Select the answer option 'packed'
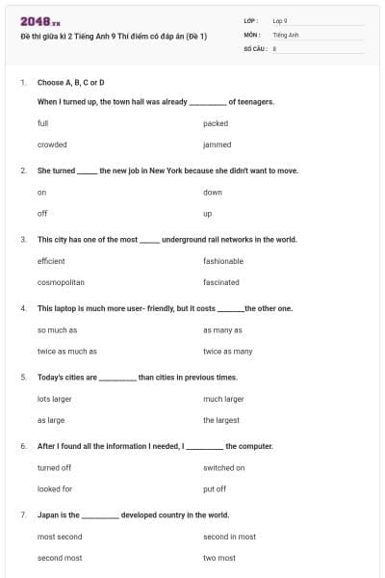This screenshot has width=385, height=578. [x=215, y=123]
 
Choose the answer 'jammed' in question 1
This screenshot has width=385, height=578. [x=217, y=144]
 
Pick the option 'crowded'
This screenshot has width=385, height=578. [x=52, y=144]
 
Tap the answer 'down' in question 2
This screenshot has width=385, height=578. [x=213, y=192]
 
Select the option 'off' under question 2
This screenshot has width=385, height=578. [x=42, y=213]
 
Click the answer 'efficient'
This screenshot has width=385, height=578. [x=51, y=261]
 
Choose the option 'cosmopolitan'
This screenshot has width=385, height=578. [x=61, y=282]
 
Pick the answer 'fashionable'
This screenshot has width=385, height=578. [x=223, y=261]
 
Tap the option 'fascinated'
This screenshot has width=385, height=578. [x=221, y=282]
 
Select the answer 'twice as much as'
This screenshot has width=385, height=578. [x=67, y=352]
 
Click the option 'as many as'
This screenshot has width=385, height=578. [x=221, y=330]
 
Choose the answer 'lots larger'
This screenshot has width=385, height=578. [x=55, y=399]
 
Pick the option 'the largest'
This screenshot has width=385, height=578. [x=221, y=420]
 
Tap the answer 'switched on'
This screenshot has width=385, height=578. [x=224, y=468]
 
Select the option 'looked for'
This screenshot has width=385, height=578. [x=54, y=489]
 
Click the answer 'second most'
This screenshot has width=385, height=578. [x=60, y=558]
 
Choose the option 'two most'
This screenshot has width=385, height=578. [x=219, y=558]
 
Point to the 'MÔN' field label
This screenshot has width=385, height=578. [x=251, y=34]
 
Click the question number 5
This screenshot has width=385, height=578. [x=23, y=378]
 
